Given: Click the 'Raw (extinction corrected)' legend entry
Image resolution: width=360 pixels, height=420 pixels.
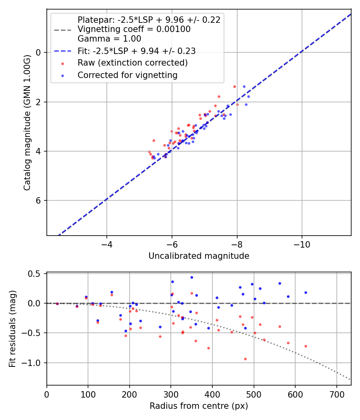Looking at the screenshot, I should [x=132, y=63].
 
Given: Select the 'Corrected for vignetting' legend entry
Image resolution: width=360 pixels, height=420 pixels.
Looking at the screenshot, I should [x=128, y=75].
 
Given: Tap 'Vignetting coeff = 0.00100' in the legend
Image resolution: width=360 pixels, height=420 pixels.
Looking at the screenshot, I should [x=134, y=29].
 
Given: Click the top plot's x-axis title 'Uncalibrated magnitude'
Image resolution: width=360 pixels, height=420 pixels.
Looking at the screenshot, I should [x=199, y=256].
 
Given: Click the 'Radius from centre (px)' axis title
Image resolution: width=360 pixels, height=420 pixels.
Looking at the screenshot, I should [x=199, y=406].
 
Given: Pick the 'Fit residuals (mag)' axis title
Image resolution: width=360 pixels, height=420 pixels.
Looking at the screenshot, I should [x=12, y=329].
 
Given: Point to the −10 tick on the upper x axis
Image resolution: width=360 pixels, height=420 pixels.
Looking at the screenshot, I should [x=302, y=244].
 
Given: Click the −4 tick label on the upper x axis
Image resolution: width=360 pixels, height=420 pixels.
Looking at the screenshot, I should [x=107, y=244].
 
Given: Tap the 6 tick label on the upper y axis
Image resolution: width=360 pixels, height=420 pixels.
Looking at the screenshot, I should [x=39, y=200].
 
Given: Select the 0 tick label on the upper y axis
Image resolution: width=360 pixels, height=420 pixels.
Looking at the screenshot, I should [x=39, y=52].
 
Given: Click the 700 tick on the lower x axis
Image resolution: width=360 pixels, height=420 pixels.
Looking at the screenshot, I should [x=336, y=394].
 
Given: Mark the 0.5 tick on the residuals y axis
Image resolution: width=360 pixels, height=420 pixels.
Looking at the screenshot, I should [x=36, y=274].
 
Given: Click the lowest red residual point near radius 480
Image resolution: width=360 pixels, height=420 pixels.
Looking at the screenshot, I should [x=245, y=359].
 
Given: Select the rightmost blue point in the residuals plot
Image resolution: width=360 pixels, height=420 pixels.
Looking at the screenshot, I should [x=306, y=292].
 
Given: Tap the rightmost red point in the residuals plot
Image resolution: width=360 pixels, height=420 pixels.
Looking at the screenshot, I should [x=306, y=346].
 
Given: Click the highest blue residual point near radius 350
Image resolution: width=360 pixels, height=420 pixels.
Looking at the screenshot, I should [x=192, y=277].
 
